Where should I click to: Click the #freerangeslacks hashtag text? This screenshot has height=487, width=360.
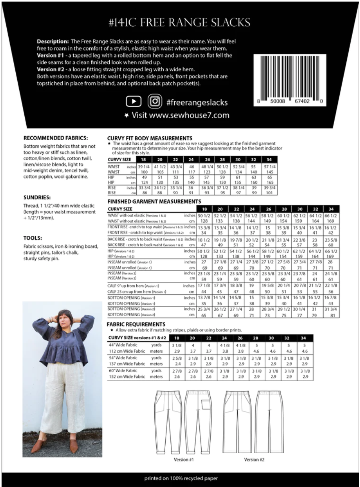tap(197, 102)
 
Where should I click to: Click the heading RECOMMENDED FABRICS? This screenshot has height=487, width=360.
tap(55, 138)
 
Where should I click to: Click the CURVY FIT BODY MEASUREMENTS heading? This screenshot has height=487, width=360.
tap(149, 138)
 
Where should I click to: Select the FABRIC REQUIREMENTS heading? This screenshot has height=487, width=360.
tap(136, 324)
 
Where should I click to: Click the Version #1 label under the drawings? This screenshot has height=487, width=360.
tap(184, 460)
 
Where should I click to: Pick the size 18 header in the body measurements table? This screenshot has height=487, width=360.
tap(144, 160)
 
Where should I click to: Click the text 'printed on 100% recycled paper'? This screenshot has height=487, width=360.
tap(180, 478)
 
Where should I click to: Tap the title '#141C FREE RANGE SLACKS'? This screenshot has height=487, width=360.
tap(180, 22)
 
